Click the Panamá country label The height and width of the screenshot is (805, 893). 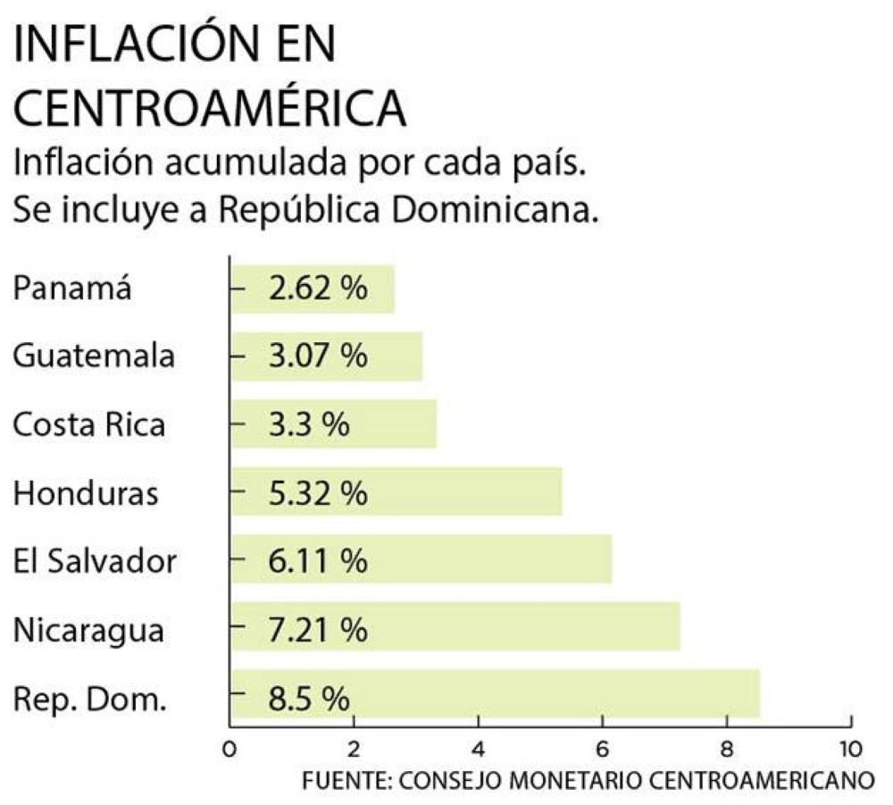pyautogui.click(x=72, y=289)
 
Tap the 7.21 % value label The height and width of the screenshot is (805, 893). pyautogui.click(x=317, y=630)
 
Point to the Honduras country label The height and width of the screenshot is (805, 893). pyautogui.click(x=87, y=492)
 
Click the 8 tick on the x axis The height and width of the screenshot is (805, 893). pyautogui.click(x=727, y=748)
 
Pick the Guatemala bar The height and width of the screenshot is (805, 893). pyautogui.click(x=326, y=356)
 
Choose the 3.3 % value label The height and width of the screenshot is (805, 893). pyautogui.click(x=308, y=424)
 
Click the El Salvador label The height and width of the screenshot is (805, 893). pyautogui.click(x=95, y=561)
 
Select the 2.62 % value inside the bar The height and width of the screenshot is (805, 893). pyautogui.click(x=317, y=289)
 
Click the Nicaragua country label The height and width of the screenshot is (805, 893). pyautogui.click(x=89, y=630)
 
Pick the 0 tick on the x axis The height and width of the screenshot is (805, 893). pyautogui.click(x=230, y=748)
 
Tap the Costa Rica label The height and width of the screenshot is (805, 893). pyautogui.click(x=89, y=424)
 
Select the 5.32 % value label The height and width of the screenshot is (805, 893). pyautogui.click(x=317, y=492)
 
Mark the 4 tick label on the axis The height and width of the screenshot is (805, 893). pyautogui.click(x=479, y=748)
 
